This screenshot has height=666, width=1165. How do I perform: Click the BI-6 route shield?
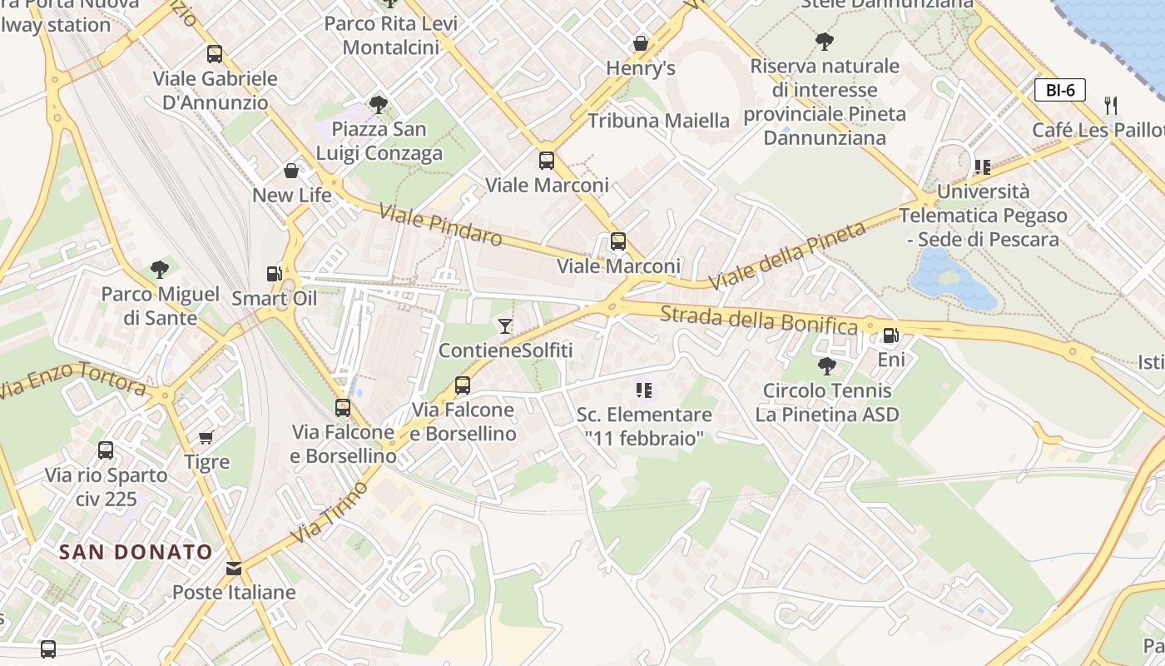coord(1060,90)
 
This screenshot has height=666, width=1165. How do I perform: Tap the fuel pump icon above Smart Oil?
coord(274,273)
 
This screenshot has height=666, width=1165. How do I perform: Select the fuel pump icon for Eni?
coord(890,335)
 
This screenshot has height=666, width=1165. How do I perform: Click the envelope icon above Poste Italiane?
coord(234,569)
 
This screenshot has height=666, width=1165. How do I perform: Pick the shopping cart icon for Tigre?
coord(206,437)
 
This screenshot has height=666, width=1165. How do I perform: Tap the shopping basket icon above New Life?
coord(291,171)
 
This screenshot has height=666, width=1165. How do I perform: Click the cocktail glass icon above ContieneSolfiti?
coord(505,326)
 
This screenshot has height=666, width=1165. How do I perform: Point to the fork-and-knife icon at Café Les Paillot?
coord(1110,105)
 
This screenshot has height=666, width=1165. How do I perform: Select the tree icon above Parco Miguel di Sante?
coord(160,269)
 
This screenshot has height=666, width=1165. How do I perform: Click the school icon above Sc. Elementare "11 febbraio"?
coord(643,390)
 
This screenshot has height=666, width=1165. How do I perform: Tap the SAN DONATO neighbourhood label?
coord(136,551)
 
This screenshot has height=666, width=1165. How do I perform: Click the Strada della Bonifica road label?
coord(758,321)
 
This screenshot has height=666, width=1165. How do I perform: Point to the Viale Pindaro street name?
coord(440,225)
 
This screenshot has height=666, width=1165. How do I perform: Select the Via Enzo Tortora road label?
coord(73,378)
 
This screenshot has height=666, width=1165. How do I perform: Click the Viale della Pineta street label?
coord(786,256)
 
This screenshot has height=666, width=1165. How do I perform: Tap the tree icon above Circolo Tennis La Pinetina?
coord(826,365)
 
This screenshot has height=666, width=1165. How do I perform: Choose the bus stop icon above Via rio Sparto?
coord(106,450)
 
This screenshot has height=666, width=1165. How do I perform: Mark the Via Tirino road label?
coord(329,512)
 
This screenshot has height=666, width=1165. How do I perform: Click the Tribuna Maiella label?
coord(658,121)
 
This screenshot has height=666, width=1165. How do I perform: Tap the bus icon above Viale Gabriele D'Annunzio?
coord(215,54)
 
